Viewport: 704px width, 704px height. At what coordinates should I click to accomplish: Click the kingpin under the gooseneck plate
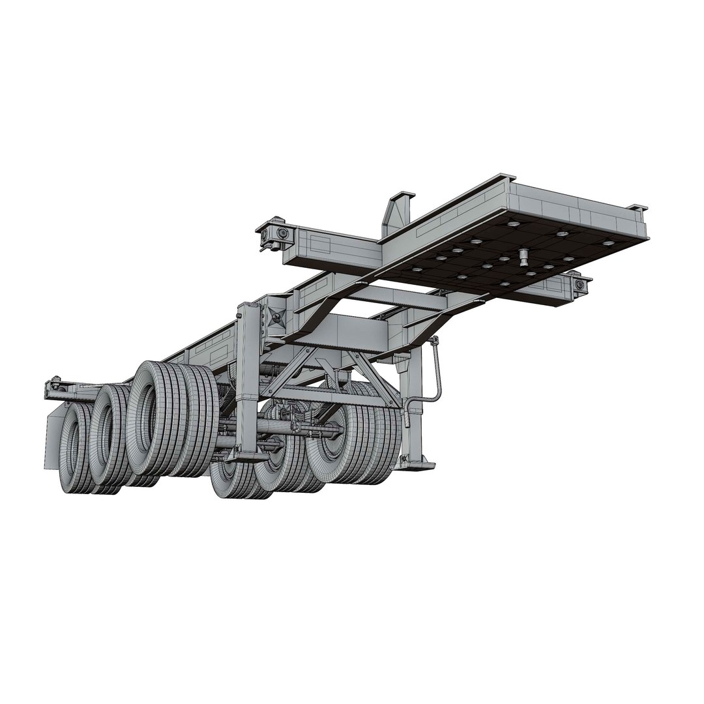coord(523,257)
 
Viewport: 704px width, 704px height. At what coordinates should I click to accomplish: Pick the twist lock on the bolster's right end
coord(578,284)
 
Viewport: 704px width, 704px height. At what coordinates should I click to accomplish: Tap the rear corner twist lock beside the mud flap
coord(55,389)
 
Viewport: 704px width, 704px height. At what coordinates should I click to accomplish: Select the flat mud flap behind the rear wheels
coord(52,443)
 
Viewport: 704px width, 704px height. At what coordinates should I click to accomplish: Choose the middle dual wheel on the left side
coord(108,437)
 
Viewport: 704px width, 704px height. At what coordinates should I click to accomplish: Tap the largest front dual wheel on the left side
coord(156,420)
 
